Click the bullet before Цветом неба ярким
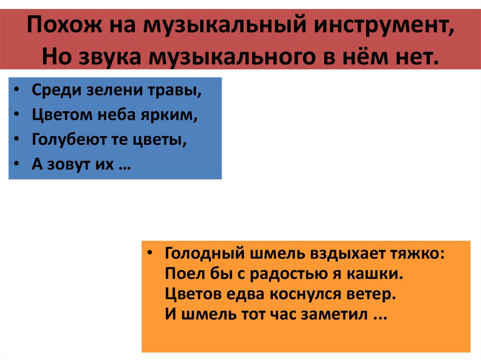coord(16,115)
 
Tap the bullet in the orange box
coord(149,252)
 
